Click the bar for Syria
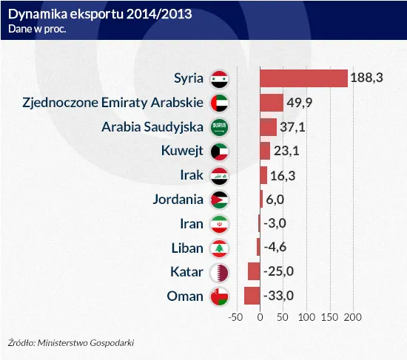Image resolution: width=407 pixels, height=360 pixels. pyautogui.click(x=303, y=78)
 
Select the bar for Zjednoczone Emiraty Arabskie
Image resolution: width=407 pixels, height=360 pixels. pyautogui.click(x=272, y=103)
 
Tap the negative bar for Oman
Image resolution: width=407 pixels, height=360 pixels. pyautogui.click(x=252, y=296)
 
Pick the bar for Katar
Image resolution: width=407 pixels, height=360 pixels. pyautogui.click(x=254, y=271)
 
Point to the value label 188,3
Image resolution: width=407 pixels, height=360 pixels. pyautogui.click(x=367, y=78)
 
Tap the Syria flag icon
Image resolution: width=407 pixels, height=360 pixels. pyautogui.click(x=220, y=78)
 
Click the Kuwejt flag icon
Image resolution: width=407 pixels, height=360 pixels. pyautogui.click(x=220, y=151)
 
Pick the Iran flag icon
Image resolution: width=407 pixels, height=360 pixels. pyautogui.click(x=220, y=223)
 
